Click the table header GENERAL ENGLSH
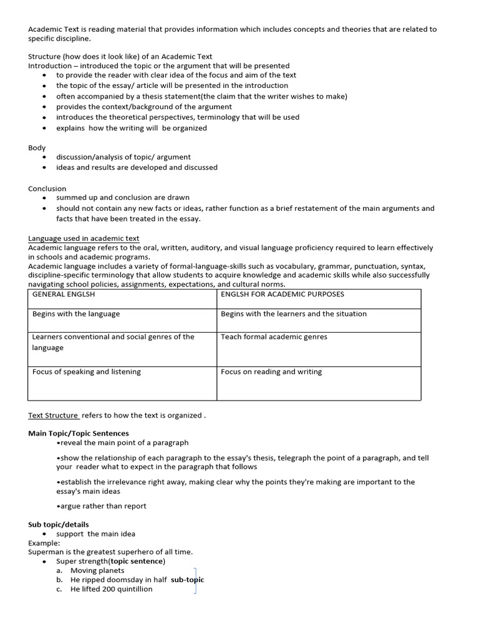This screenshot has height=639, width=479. click(x=64, y=294)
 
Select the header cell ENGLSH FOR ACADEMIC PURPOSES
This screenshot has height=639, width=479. click(x=282, y=294)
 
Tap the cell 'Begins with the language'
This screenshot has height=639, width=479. click(x=76, y=314)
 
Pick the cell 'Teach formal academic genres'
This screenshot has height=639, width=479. click(x=274, y=337)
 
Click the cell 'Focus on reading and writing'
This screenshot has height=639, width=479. click(x=271, y=372)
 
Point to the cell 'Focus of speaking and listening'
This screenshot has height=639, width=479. click(x=87, y=372)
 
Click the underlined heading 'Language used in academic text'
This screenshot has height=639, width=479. click(x=84, y=238)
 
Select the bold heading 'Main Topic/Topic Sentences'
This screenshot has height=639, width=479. click(x=79, y=433)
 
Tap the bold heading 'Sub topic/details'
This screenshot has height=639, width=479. click(x=59, y=525)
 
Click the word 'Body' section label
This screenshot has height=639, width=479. click(x=37, y=148)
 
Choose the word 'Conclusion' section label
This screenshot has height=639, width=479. click(x=47, y=188)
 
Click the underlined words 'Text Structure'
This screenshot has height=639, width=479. click(x=54, y=416)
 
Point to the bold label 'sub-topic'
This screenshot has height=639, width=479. click(x=187, y=580)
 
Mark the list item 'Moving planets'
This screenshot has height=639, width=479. click(x=97, y=570)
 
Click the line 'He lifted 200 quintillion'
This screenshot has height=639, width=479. click(x=111, y=589)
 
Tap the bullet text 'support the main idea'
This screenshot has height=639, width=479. click(x=95, y=534)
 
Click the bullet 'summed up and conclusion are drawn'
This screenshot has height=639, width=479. click(x=123, y=198)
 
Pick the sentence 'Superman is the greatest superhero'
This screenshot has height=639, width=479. click(x=110, y=552)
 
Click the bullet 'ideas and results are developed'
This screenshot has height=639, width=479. click(x=137, y=167)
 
